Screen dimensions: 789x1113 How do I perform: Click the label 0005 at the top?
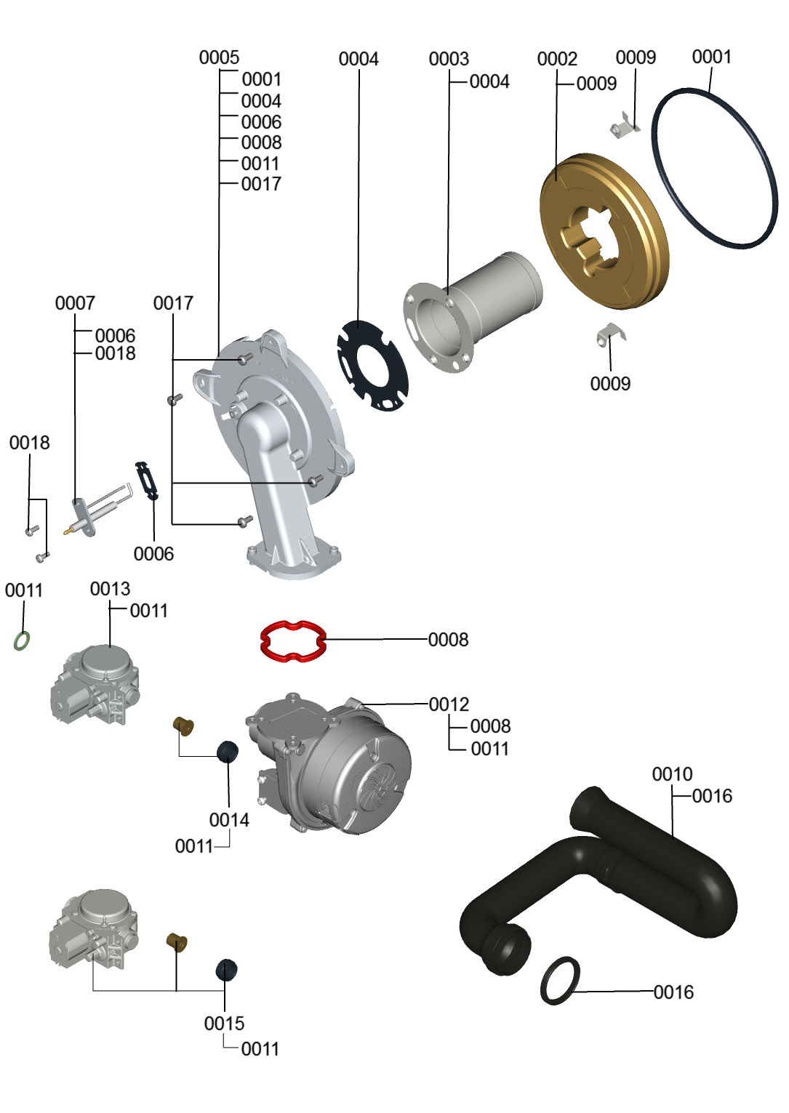coord(219,57)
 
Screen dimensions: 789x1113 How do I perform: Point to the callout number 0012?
coord(449,704)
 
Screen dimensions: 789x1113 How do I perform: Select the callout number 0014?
coord(229,819)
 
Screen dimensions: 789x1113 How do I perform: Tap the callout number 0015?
coord(224,1023)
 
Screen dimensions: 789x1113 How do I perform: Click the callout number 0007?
coord(75,302)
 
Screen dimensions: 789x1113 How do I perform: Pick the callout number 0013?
coord(110,588)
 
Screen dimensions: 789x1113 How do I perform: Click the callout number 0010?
coord(672,774)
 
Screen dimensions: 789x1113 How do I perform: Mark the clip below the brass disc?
coord(611,334)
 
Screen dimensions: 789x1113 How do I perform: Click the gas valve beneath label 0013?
coord(95,683)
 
